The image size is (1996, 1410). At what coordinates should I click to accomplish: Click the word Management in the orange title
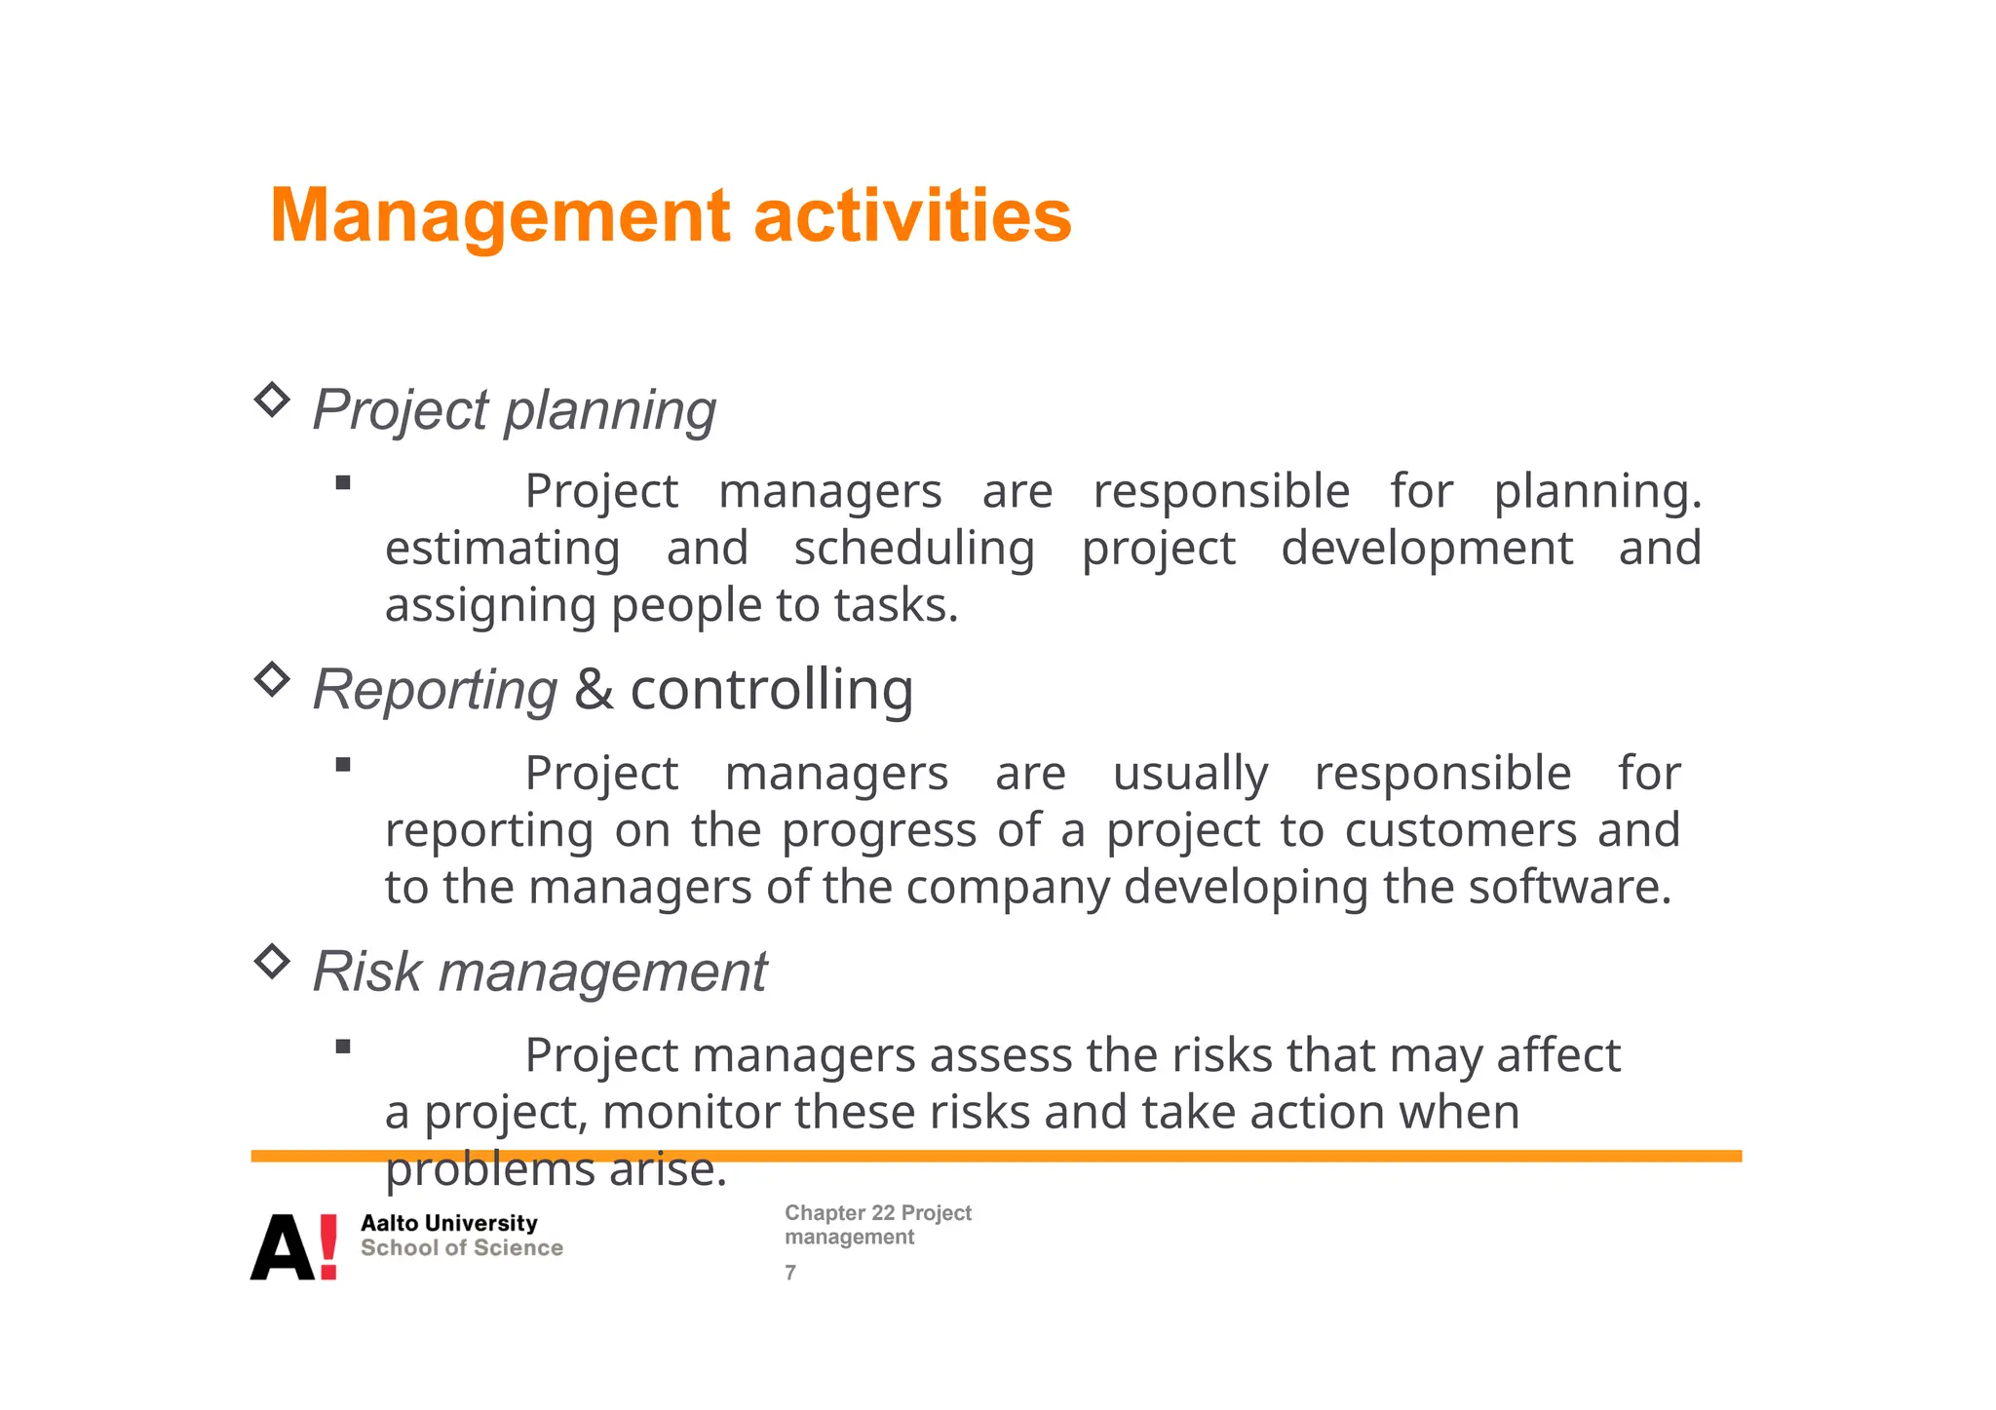pos(499,216)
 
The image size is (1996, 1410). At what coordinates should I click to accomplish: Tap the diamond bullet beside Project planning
pos(272,400)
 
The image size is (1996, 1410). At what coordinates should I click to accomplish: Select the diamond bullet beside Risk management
pos(272,962)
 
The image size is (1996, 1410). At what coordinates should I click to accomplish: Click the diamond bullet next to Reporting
pos(272,679)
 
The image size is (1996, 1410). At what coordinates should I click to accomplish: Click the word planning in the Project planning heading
pos(610,411)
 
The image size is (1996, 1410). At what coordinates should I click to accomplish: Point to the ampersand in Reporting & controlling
pos(594,690)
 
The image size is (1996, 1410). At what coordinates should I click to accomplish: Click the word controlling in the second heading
pos(772,690)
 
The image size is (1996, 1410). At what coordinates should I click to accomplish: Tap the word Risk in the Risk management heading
pos(367,972)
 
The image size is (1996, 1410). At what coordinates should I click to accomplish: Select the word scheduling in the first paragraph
pos(914,549)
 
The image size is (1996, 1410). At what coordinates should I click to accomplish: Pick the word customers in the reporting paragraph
pos(1460,831)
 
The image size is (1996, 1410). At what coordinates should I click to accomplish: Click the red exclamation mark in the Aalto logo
pos(328,1246)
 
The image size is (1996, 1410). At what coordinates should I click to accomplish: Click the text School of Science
pos(461,1248)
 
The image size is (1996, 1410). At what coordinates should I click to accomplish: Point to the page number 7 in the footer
pos(790,1273)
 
